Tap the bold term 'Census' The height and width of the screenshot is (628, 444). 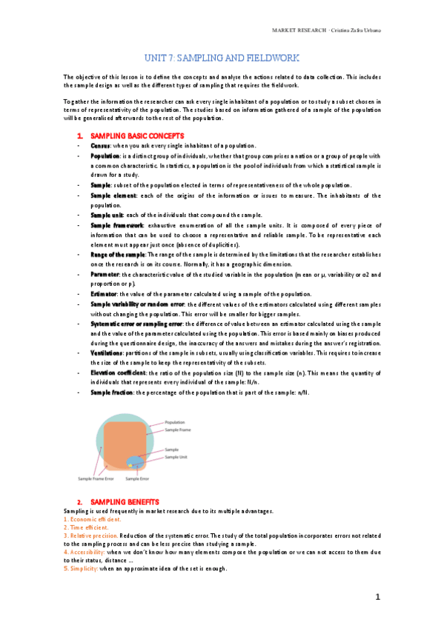click(100, 147)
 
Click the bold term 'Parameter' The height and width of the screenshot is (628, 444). click(105, 273)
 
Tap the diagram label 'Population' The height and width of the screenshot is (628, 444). click(175, 422)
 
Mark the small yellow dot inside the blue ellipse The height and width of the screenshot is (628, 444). click(131, 465)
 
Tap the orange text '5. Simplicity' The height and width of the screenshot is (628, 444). click(80, 568)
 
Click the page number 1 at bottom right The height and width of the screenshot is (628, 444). click(377, 597)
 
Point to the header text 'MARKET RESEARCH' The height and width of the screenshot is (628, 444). click(296, 30)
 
